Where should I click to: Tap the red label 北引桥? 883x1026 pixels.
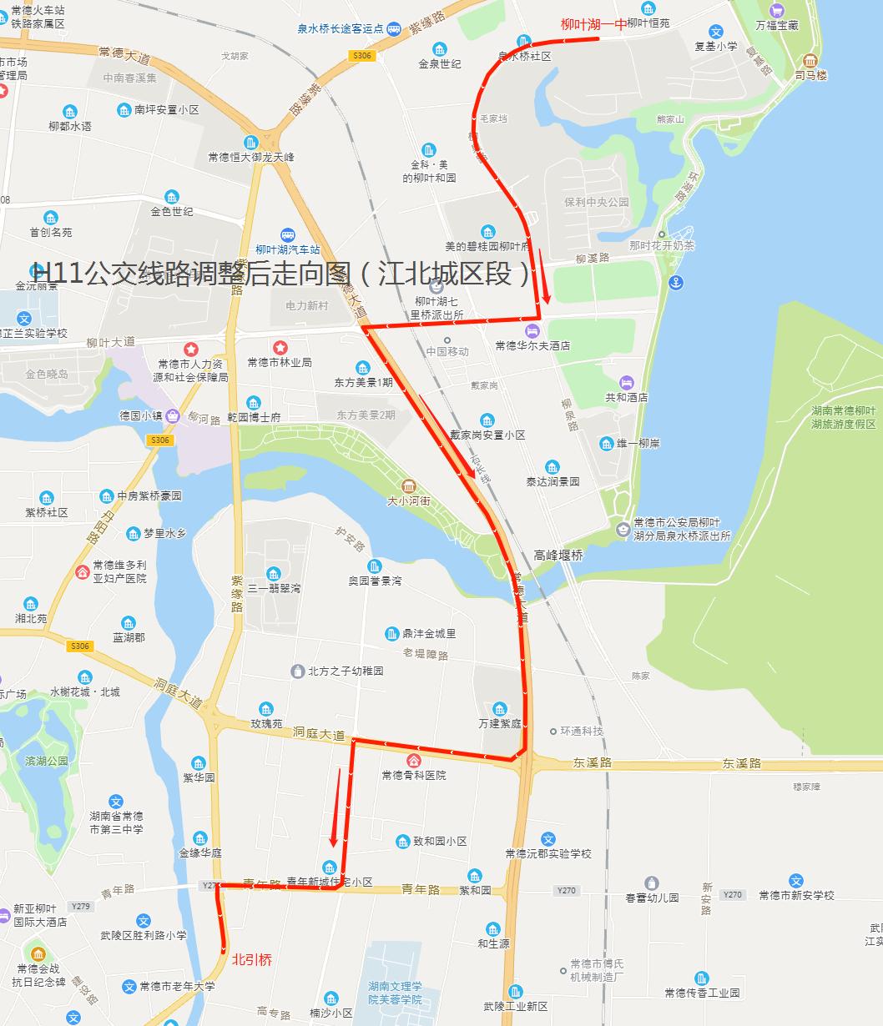click(252, 959)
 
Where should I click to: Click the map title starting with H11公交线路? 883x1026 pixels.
click(281, 274)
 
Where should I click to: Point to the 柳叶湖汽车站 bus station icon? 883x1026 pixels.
click(288, 236)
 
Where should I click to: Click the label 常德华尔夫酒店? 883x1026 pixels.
click(532, 345)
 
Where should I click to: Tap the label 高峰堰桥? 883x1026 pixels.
click(558, 555)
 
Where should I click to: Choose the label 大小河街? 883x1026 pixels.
click(409, 501)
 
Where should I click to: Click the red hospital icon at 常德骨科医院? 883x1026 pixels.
click(413, 761)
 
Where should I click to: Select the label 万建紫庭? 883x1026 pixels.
click(500, 723)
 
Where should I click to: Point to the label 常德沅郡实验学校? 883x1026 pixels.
click(547, 853)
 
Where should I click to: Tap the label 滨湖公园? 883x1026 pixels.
click(47, 761)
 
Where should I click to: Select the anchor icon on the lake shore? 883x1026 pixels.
click(676, 282)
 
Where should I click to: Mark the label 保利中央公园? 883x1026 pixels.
click(596, 202)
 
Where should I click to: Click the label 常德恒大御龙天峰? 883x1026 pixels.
click(251, 157)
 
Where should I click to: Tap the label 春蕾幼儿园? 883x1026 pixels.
click(652, 898)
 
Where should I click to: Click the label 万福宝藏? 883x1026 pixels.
click(777, 25)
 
